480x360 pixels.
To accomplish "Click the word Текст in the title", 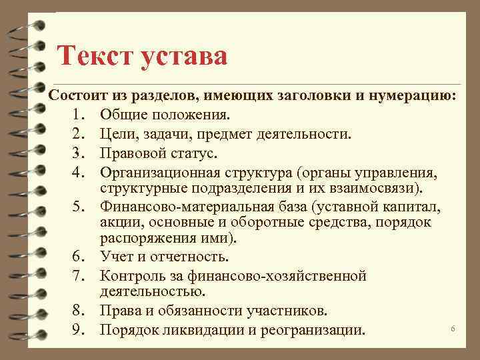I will click(95, 55).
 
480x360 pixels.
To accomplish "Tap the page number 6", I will click(453, 329).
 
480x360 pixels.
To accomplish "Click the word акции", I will click(119, 221).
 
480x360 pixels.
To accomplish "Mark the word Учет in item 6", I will click(117, 256).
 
